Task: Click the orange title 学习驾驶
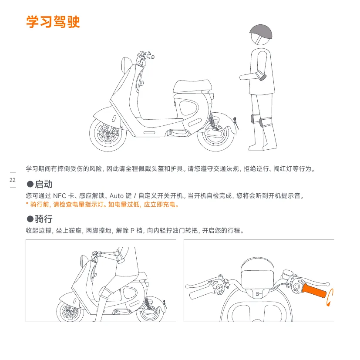pyautogui.click(x=53, y=22)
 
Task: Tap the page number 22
pyautogui.click(x=13, y=180)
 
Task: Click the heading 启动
pyautogui.click(x=44, y=184)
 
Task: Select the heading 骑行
pyautogui.click(x=44, y=219)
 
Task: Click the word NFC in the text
pyautogui.click(x=60, y=196)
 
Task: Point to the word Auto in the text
pyautogui.click(x=116, y=196)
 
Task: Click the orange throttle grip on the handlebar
pyautogui.click(x=314, y=290)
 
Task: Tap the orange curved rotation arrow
pyautogui.click(x=330, y=298)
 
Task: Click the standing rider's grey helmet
pyautogui.click(x=261, y=32)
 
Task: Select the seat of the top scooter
pyautogui.click(x=192, y=86)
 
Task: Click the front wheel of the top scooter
pyautogui.click(x=108, y=133)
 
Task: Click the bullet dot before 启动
pyautogui.click(x=30, y=184)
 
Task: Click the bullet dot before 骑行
pyautogui.click(x=30, y=219)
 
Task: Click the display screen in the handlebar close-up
pyautogui.click(x=258, y=279)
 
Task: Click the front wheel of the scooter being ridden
pyautogui.click(x=70, y=312)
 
